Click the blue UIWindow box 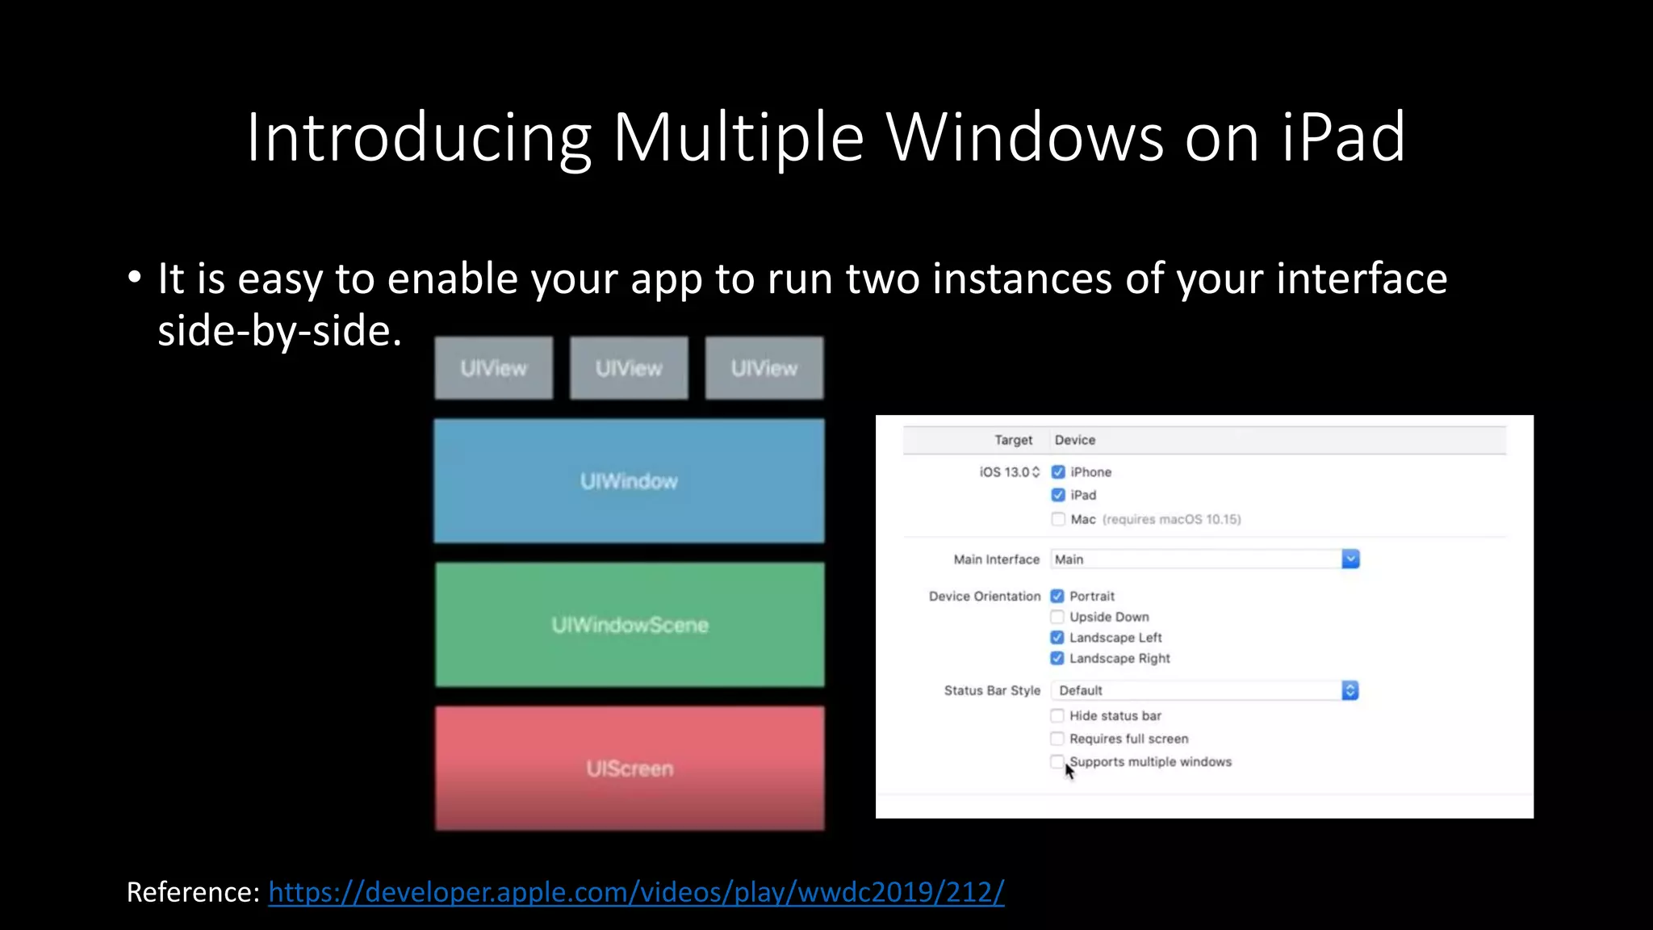pyautogui.click(x=629, y=481)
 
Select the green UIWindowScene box pyautogui.click(x=630, y=625)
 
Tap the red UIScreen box pyautogui.click(x=630, y=769)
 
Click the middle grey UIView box pyautogui.click(x=629, y=368)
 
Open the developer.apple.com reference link pyautogui.click(x=636, y=892)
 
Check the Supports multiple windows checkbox pyautogui.click(x=1057, y=761)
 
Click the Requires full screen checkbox pyautogui.click(x=1057, y=739)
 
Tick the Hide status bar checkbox pyautogui.click(x=1057, y=715)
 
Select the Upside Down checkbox pyautogui.click(x=1057, y=617)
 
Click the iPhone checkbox pyautogui.click(x=1058, y=472)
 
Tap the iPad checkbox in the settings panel pyautogui.click(x=1058, y=495)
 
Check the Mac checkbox pyautogui.click(x=1058, y=519)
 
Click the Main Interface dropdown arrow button pyautogui.click(x=1350, y=559)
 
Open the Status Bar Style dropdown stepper pyautogui.click(x=1350, y=690)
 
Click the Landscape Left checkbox pyautogui.click(x=1057, y=638)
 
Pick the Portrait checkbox pyautogui.click(x=1057, y=597)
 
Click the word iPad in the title pyautogui.click(x=1343, y=137)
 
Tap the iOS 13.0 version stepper pyautogui.click(x=1036, y=472)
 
